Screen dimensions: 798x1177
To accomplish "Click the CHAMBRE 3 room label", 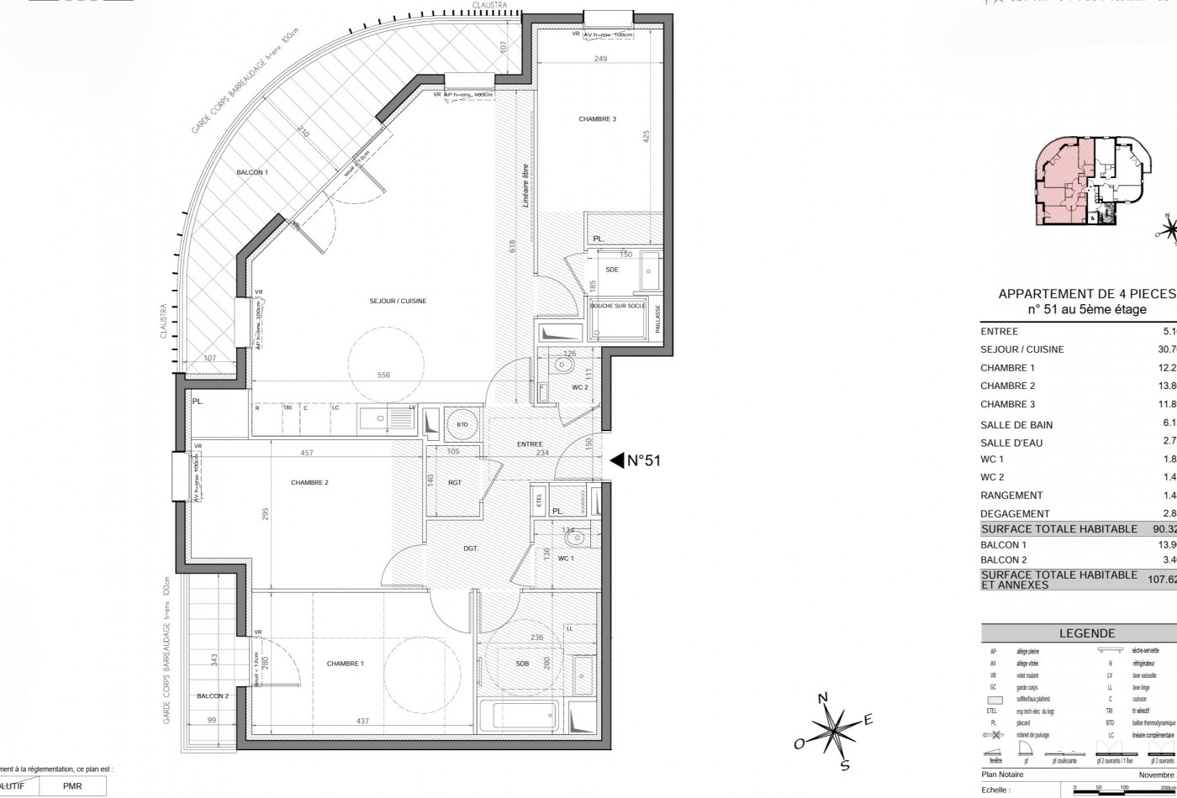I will point(597,119).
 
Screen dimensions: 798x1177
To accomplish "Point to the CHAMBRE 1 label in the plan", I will point(346,664).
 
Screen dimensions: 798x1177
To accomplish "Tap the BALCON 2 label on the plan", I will point(213,696).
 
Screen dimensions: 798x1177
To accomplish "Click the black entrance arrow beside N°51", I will point(615,460).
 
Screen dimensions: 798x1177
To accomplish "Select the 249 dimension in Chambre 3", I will point(599,60).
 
